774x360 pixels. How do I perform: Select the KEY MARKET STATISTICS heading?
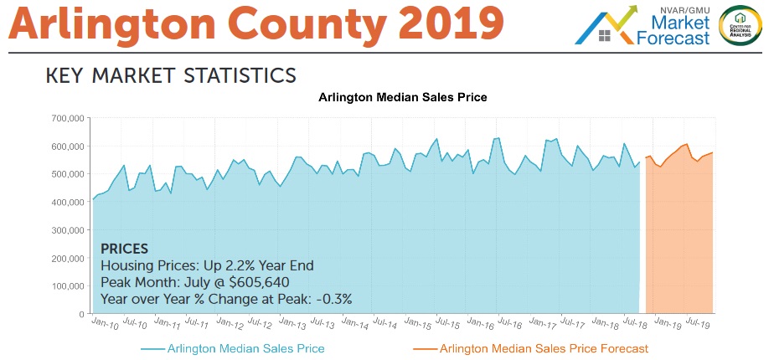pyautogui.click(x=171, y=75)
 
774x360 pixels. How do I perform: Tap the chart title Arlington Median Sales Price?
pyautogui.click(x=403, y=98)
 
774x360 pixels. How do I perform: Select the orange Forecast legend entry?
pyautogui.click(x=544, y=348)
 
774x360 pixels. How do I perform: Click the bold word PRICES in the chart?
pyautogui.click(x=124, y=249)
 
